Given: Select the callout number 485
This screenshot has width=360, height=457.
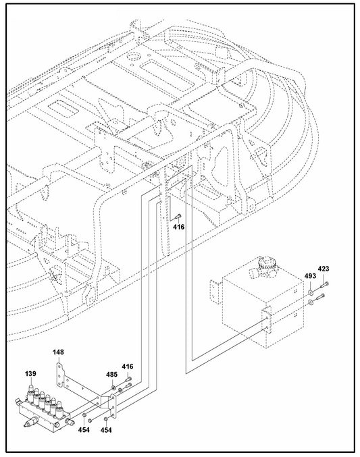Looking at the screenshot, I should click(111, 375).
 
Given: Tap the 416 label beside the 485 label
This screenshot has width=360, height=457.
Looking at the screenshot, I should click(127, 367).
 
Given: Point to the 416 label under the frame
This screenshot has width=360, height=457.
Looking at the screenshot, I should click(178, 227).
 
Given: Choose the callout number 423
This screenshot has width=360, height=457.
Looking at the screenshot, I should click(324, 270).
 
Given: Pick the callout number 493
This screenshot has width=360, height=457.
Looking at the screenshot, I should click(310, 275).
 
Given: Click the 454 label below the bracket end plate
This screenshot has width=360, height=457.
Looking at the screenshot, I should click(107, 429).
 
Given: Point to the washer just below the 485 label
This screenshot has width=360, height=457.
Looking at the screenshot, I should click(111, 386).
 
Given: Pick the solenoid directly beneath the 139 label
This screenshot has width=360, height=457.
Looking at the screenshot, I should click(32, 390).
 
